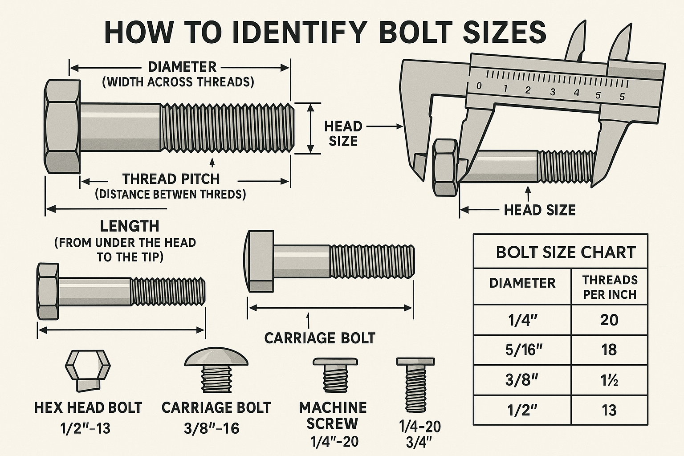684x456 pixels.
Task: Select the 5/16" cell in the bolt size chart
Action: pos(523,350)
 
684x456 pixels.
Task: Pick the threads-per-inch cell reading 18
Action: pos(609,350)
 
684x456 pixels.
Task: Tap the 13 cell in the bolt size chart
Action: pos(609,410)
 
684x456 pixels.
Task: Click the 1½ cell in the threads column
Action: pos(609,380)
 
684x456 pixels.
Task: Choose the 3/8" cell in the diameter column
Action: pos(522,380)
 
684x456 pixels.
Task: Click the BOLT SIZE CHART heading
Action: pos(565,252)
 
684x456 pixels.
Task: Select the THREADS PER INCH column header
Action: pos(610,287)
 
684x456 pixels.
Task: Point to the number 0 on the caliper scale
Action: pos(479,86)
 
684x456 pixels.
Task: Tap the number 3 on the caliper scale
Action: pos(553,92)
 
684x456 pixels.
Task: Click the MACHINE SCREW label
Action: pos(333,415)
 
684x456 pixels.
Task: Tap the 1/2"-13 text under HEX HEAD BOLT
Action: pos(85,428)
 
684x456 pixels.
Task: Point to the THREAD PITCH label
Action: pos(171,179)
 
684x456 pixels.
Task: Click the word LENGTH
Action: pos(130,226)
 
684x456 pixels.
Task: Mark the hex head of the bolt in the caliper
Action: pos(445,167)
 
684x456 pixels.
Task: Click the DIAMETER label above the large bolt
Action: pos(182,67)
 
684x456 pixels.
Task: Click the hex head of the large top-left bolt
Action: pos(62,127)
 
